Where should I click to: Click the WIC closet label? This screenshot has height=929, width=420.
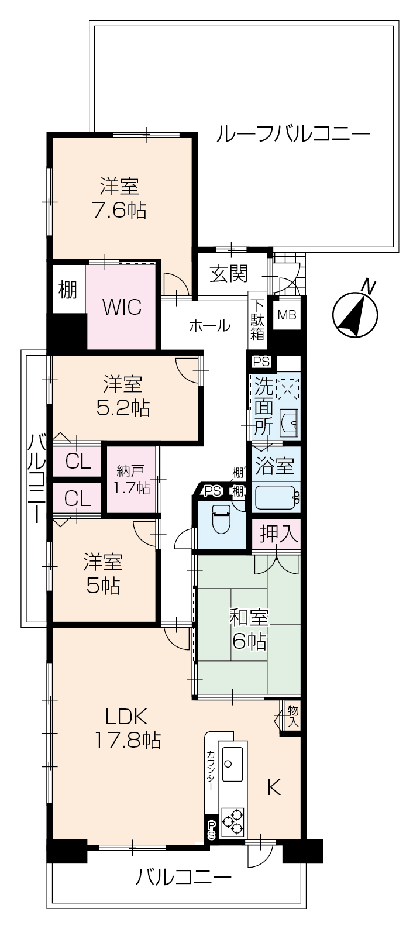[x=122, y=307]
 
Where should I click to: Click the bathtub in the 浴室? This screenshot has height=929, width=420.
[x=277, y=497]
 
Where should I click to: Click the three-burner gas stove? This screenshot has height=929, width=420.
[x=232, y=821]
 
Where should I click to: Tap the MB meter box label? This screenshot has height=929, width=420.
[x=287, y=315]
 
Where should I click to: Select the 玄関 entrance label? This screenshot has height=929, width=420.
[x=229, y=274]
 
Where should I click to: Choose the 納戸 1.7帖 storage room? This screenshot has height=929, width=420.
[x=131, y=480]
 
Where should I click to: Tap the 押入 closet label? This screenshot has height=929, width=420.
[x=279, y=535]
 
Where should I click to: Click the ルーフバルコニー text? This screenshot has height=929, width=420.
[x=292, y=135]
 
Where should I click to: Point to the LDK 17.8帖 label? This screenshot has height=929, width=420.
[x=128, y=728]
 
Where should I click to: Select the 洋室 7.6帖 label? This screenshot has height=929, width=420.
[x=119, y=198]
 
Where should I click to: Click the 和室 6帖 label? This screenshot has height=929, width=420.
[x=249, y=629]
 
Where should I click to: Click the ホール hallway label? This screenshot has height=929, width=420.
[x=210, y=326]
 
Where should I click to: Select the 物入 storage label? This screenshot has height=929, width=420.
[x=293, y=716]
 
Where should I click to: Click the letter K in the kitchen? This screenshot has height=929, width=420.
[x=274, y=787]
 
